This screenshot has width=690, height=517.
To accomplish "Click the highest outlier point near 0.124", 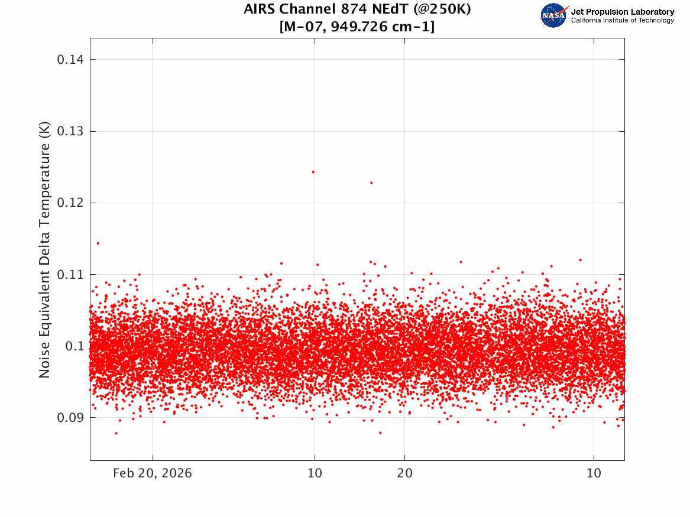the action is coord(313,172).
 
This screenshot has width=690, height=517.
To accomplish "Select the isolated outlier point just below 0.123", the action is coord(371,183).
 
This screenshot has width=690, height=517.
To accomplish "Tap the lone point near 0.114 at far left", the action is coord(98,243).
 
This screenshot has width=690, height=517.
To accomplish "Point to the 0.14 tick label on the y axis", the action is coord(70,59).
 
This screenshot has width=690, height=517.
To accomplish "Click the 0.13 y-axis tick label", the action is coord(70,131).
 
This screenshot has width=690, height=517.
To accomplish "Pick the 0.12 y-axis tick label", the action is coord(70,203).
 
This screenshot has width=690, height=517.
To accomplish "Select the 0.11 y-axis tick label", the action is coord(70,275).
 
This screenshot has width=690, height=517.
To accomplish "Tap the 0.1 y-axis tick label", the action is coord(75,346).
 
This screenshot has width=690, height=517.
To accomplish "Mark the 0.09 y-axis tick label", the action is coord(70,418).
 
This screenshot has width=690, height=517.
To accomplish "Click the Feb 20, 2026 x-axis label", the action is coord(153,473).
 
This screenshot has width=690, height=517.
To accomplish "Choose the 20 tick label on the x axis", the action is coord(405,473).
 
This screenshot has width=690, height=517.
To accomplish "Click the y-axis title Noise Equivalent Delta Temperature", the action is coord(44,249).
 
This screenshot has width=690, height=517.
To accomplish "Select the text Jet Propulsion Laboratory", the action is coord(623,12).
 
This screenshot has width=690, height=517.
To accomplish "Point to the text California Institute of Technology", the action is coord(623,20).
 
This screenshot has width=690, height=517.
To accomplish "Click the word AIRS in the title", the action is coord(260,9).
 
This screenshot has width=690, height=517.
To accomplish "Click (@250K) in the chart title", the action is coord(442,9).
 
